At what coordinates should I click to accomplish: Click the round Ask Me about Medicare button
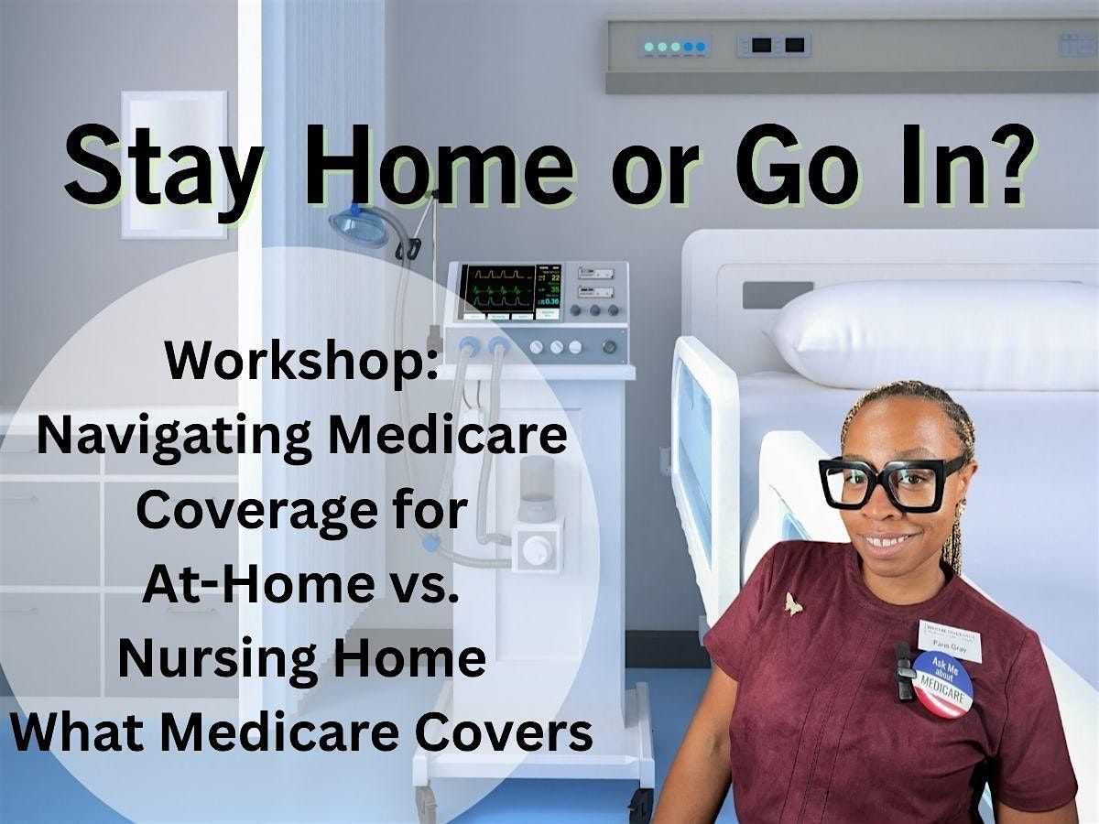click(942, 683)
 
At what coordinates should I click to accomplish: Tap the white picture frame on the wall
click(174, 165)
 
